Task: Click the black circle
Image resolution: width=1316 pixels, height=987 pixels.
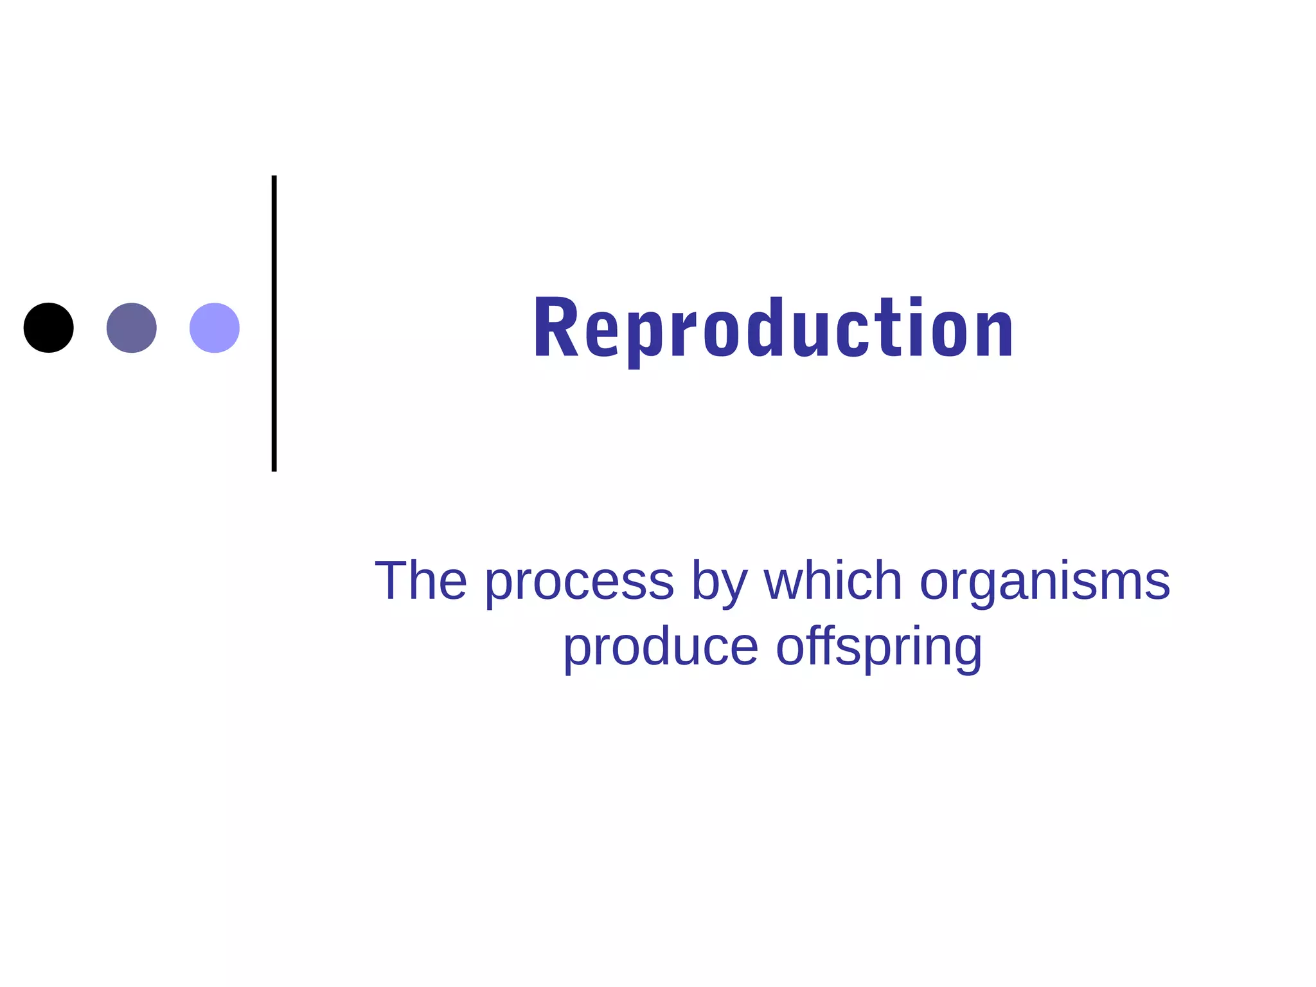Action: [48, 328]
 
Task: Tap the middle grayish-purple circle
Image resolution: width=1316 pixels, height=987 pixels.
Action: [131, 328]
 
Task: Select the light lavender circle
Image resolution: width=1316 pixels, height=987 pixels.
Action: [215, 328]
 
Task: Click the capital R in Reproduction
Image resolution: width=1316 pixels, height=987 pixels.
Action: [556, 327]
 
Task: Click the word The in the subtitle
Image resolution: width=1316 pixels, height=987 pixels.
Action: [421, 581]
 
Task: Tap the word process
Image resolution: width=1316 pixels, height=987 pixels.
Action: [579, 582]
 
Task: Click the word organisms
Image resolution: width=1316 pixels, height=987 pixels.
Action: [1045, 582]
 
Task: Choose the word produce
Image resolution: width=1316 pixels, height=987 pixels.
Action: [661, 648]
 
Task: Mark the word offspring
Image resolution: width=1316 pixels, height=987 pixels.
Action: [879, 648]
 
